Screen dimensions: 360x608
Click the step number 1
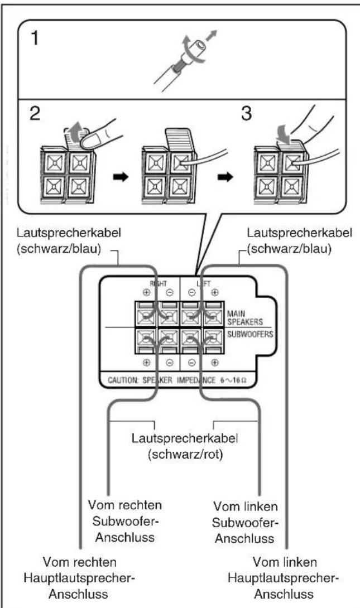(35, 38)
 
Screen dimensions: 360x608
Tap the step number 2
(35, 113)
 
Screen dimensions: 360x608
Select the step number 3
(246, 114)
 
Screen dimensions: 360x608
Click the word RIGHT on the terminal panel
(158, 283)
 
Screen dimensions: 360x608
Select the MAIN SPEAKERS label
(245, 317)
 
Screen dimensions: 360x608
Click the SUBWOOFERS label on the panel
(250, 334)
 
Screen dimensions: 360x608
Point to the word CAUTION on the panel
(123, 380)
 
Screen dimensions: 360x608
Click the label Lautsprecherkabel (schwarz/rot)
(185, 446)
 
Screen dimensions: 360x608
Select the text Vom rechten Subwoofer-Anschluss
(125, 521)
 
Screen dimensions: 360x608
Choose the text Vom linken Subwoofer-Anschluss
(245, 522)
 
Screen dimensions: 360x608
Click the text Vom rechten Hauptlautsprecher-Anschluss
(79, 578)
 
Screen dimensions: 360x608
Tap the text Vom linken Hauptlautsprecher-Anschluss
(284, 578)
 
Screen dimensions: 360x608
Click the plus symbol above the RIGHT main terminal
(146, 293)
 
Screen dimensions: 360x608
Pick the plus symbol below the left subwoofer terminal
(215, 363)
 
